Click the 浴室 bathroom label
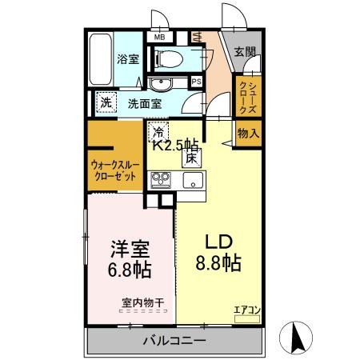pos(127,58)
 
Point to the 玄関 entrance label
pos(244,52)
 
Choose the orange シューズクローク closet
pos(246,95)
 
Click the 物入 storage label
pos(248,134)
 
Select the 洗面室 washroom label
pos(145,103)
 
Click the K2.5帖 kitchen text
pos(176,145)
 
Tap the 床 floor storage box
pos(192,158)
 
